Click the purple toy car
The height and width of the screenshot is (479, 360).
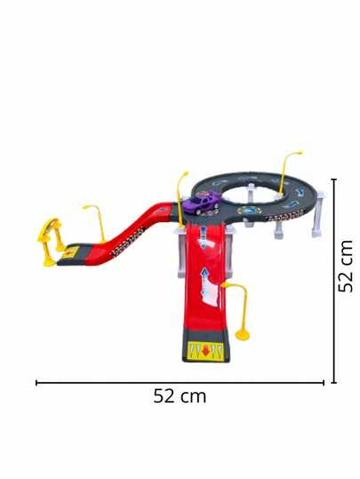coord(203,202)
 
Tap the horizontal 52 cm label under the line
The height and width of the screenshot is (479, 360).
coord(180,396)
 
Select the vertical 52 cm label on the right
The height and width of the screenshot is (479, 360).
coord(345,266)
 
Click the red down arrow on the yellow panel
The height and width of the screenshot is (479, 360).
coord(205,350)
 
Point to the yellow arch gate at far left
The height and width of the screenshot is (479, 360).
coord(49,242)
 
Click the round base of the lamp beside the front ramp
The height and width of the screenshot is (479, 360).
coord(243,336)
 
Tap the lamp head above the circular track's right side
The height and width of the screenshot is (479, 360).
coord(297,153)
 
